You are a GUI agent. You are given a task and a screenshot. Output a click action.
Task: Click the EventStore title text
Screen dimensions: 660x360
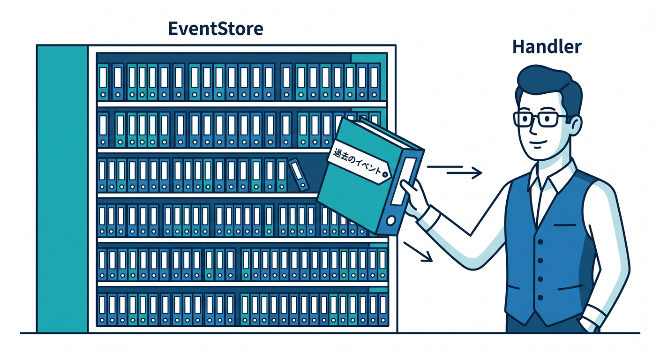point(215,29)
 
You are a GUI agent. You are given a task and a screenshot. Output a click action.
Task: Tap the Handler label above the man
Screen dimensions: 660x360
point(547,46)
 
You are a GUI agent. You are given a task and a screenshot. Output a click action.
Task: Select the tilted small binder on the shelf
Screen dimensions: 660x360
point(299,174)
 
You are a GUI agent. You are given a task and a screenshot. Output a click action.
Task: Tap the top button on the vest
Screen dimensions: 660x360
point(540,242)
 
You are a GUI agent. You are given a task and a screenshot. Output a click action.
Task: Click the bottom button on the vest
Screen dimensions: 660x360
point(540,298)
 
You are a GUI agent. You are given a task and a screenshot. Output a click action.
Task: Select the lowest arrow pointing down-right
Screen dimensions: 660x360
point(418,252)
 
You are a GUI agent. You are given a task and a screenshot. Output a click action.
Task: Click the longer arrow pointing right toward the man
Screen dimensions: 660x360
point(464,172)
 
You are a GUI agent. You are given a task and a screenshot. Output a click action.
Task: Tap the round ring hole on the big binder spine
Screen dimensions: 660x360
point(391,221)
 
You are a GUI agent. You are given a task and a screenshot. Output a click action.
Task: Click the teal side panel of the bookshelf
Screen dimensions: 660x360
point(62,189)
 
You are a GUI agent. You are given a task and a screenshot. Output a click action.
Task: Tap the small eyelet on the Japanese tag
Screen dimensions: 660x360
point(384,175)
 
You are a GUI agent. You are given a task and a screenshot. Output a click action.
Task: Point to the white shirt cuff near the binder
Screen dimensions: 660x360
point(429,218)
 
